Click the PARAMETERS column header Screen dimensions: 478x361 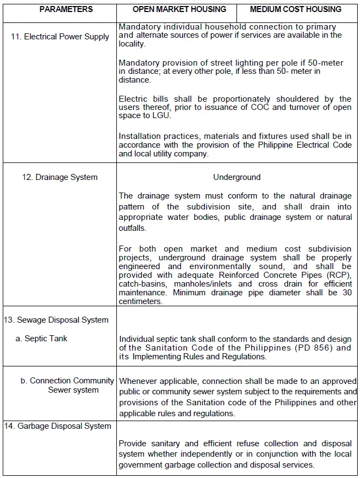pyautogui.click(x=66, y=9)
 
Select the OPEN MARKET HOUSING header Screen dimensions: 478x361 pyautogui.click(x=179, y=9)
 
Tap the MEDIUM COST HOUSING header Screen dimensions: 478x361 pyautogui.click(x=295, y=9)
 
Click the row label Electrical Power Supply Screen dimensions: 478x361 pyautogui.click(x=60, y=37)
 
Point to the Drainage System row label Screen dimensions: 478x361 pyautogui.click(x=60, y=177)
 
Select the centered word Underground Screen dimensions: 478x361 pyautogui.click(x=237, y=177)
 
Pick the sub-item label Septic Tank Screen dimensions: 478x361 pyautogui.click(x=42, y=339)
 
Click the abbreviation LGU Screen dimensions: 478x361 pyautogui.click(x=162, y=116)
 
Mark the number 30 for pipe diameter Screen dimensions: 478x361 pyautogui.click(x=346, y=293)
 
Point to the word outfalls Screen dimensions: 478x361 pyautogui.click(x=132, y=228)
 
